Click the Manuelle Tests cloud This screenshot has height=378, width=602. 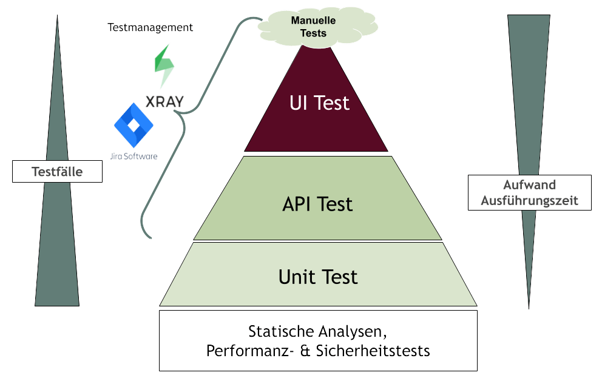point(313,27)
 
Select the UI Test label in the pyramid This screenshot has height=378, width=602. point(319,103)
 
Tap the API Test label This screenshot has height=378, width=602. point(317,204)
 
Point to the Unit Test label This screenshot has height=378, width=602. point(318,277)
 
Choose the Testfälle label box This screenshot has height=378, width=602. point(57,172)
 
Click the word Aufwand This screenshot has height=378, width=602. point(529,186)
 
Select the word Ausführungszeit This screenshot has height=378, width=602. point(529,200)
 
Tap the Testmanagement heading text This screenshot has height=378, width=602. point(150,28)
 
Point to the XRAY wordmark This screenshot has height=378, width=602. point(164,101)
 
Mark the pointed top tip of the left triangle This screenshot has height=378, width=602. point(57,16)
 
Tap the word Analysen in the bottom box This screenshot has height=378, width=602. point(358,332)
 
